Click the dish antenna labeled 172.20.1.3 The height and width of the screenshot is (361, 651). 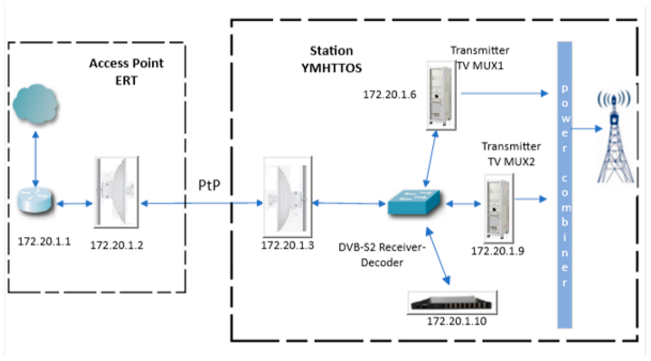pos(288,197)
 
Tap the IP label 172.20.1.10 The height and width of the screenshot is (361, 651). pos(457,321)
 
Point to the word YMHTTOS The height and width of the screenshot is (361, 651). pos(331,68)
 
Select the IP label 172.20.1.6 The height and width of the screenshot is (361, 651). pos(389,94)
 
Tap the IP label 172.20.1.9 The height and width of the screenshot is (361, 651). pos(498,251)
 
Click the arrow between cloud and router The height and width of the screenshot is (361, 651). pos(36,159)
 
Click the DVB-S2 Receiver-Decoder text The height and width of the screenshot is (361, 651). pos(382,255)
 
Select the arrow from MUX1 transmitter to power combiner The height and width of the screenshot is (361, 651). pos(504,93)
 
